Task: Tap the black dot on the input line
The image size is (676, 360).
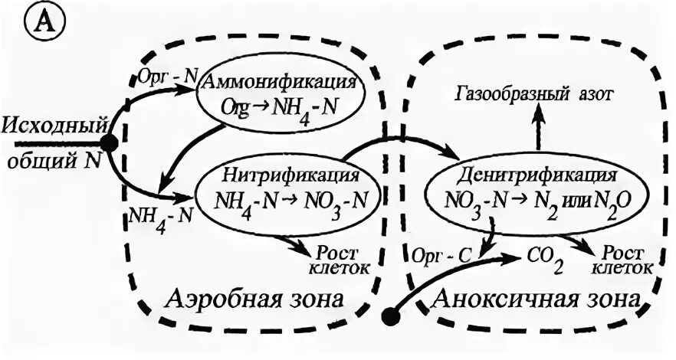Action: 109,143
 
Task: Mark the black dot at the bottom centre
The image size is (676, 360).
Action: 392,314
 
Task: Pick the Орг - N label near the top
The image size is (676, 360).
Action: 167,75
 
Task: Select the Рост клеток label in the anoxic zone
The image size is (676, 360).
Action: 627,259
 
